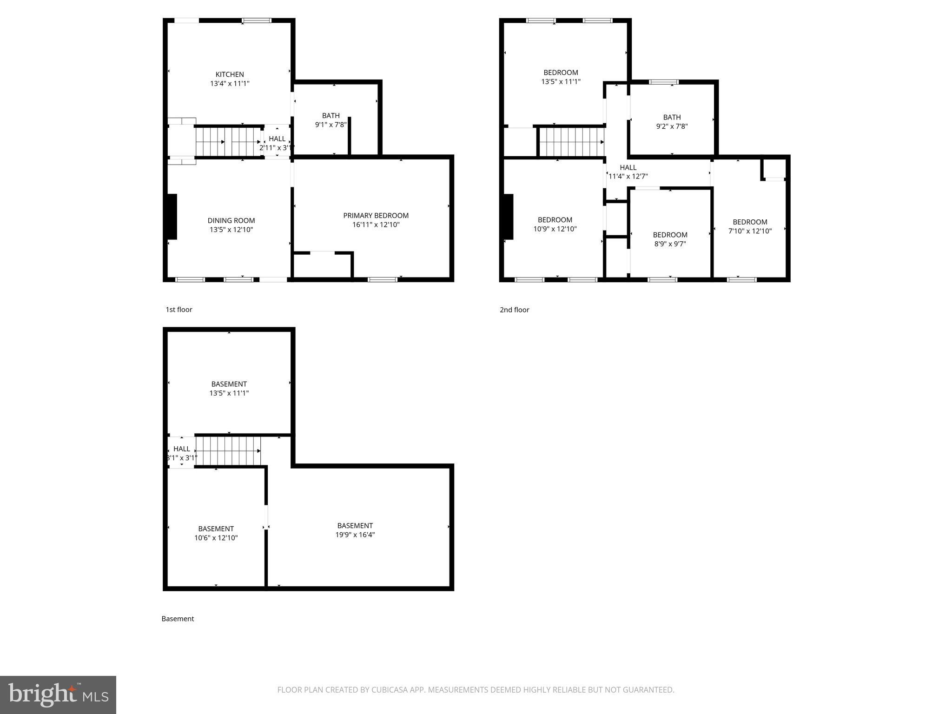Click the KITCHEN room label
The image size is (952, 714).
230,74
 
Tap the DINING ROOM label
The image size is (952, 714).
231,220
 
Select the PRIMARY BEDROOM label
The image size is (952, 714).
376,215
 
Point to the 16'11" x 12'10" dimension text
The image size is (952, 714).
376,225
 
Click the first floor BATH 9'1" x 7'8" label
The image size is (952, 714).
331,120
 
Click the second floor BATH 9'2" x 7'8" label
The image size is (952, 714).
672,122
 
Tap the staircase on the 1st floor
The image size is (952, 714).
228,141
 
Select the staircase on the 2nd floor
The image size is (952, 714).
571,142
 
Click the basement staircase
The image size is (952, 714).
228,450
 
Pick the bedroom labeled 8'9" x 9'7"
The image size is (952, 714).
670,239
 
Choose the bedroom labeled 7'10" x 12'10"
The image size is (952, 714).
750,226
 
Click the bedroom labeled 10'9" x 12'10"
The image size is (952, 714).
555,224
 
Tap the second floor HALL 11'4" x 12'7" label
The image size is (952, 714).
628,172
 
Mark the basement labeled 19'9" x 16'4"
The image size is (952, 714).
355,530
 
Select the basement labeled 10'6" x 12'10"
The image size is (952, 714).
216,533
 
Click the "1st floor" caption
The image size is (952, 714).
179,310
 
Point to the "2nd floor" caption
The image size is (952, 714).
514,310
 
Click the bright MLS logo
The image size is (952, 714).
58,694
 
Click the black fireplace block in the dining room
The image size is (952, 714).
172,217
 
